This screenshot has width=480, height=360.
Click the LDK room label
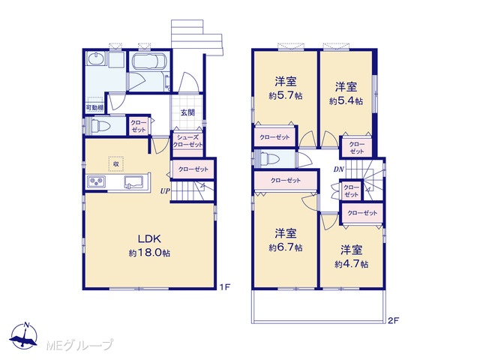[149, 238]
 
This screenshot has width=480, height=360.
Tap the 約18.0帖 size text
[149, 253]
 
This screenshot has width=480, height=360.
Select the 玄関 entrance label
[187, 112]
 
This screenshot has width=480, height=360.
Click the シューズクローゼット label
[187, 141]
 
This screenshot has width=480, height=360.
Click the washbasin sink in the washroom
[97, 58]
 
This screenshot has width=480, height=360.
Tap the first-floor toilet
[99, 125]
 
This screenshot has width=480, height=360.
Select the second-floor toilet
[269, 159]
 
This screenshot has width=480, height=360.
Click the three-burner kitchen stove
[97, 181]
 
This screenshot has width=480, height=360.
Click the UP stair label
[165, 191]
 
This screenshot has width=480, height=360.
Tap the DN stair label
[339, 169]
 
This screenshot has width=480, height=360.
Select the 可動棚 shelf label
[94, 107]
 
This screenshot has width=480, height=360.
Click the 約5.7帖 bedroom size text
[286, 96]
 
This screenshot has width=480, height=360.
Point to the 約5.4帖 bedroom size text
[346, 100]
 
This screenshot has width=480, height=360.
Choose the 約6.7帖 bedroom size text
[286, 247]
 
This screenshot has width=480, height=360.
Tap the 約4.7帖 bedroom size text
[352, 264]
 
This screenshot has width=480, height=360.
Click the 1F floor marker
[225, 286]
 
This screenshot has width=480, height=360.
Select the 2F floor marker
[393, 320]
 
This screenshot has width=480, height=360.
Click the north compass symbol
[24, 336]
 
